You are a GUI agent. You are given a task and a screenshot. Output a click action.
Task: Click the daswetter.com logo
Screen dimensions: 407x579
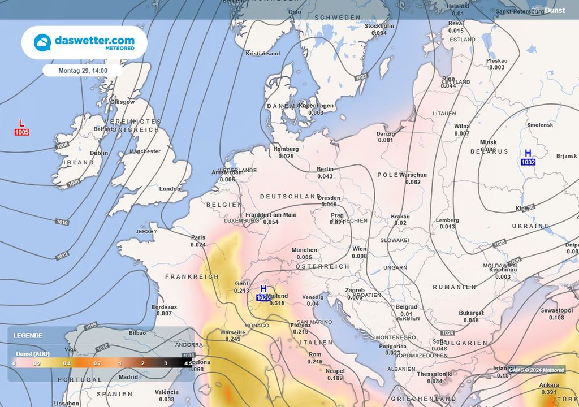click(84, 43)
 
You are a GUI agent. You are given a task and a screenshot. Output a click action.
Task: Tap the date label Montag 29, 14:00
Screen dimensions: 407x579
click(83, 71)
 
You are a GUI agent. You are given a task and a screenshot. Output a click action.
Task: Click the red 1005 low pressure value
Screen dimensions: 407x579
click(21, 132)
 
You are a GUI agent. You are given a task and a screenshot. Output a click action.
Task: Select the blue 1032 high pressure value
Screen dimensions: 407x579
click(528, 162)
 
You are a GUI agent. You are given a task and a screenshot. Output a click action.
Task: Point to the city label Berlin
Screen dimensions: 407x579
click(325, 169)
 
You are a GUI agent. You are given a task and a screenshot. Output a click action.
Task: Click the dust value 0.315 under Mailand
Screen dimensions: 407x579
click(277, 303)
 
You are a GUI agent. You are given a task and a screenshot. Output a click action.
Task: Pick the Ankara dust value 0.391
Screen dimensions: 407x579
click(549, 392)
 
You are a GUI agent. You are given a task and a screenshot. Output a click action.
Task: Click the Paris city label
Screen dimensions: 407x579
click(198, 237)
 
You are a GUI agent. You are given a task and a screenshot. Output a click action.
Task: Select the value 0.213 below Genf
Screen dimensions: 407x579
click(241, 291)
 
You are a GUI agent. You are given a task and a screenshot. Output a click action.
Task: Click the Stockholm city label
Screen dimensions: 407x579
click(379, 26)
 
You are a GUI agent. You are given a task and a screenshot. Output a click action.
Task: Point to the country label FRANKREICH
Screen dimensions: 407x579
click(192, 277)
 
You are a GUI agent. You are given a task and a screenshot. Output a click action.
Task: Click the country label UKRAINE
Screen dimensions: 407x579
click(530, 226)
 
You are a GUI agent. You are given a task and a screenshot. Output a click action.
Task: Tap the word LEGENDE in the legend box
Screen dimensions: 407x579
click(28, 335)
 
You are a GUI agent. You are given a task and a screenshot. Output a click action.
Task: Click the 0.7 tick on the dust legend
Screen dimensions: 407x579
click(98, 363)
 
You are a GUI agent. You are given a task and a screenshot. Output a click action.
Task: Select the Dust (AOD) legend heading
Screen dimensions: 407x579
click(32, 353)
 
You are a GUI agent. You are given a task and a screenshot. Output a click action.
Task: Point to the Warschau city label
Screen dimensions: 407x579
click(413, 175)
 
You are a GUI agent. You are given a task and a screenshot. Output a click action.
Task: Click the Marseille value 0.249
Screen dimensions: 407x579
click(233, 339)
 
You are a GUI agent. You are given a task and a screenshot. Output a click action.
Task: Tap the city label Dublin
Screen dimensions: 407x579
click(99, 153)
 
